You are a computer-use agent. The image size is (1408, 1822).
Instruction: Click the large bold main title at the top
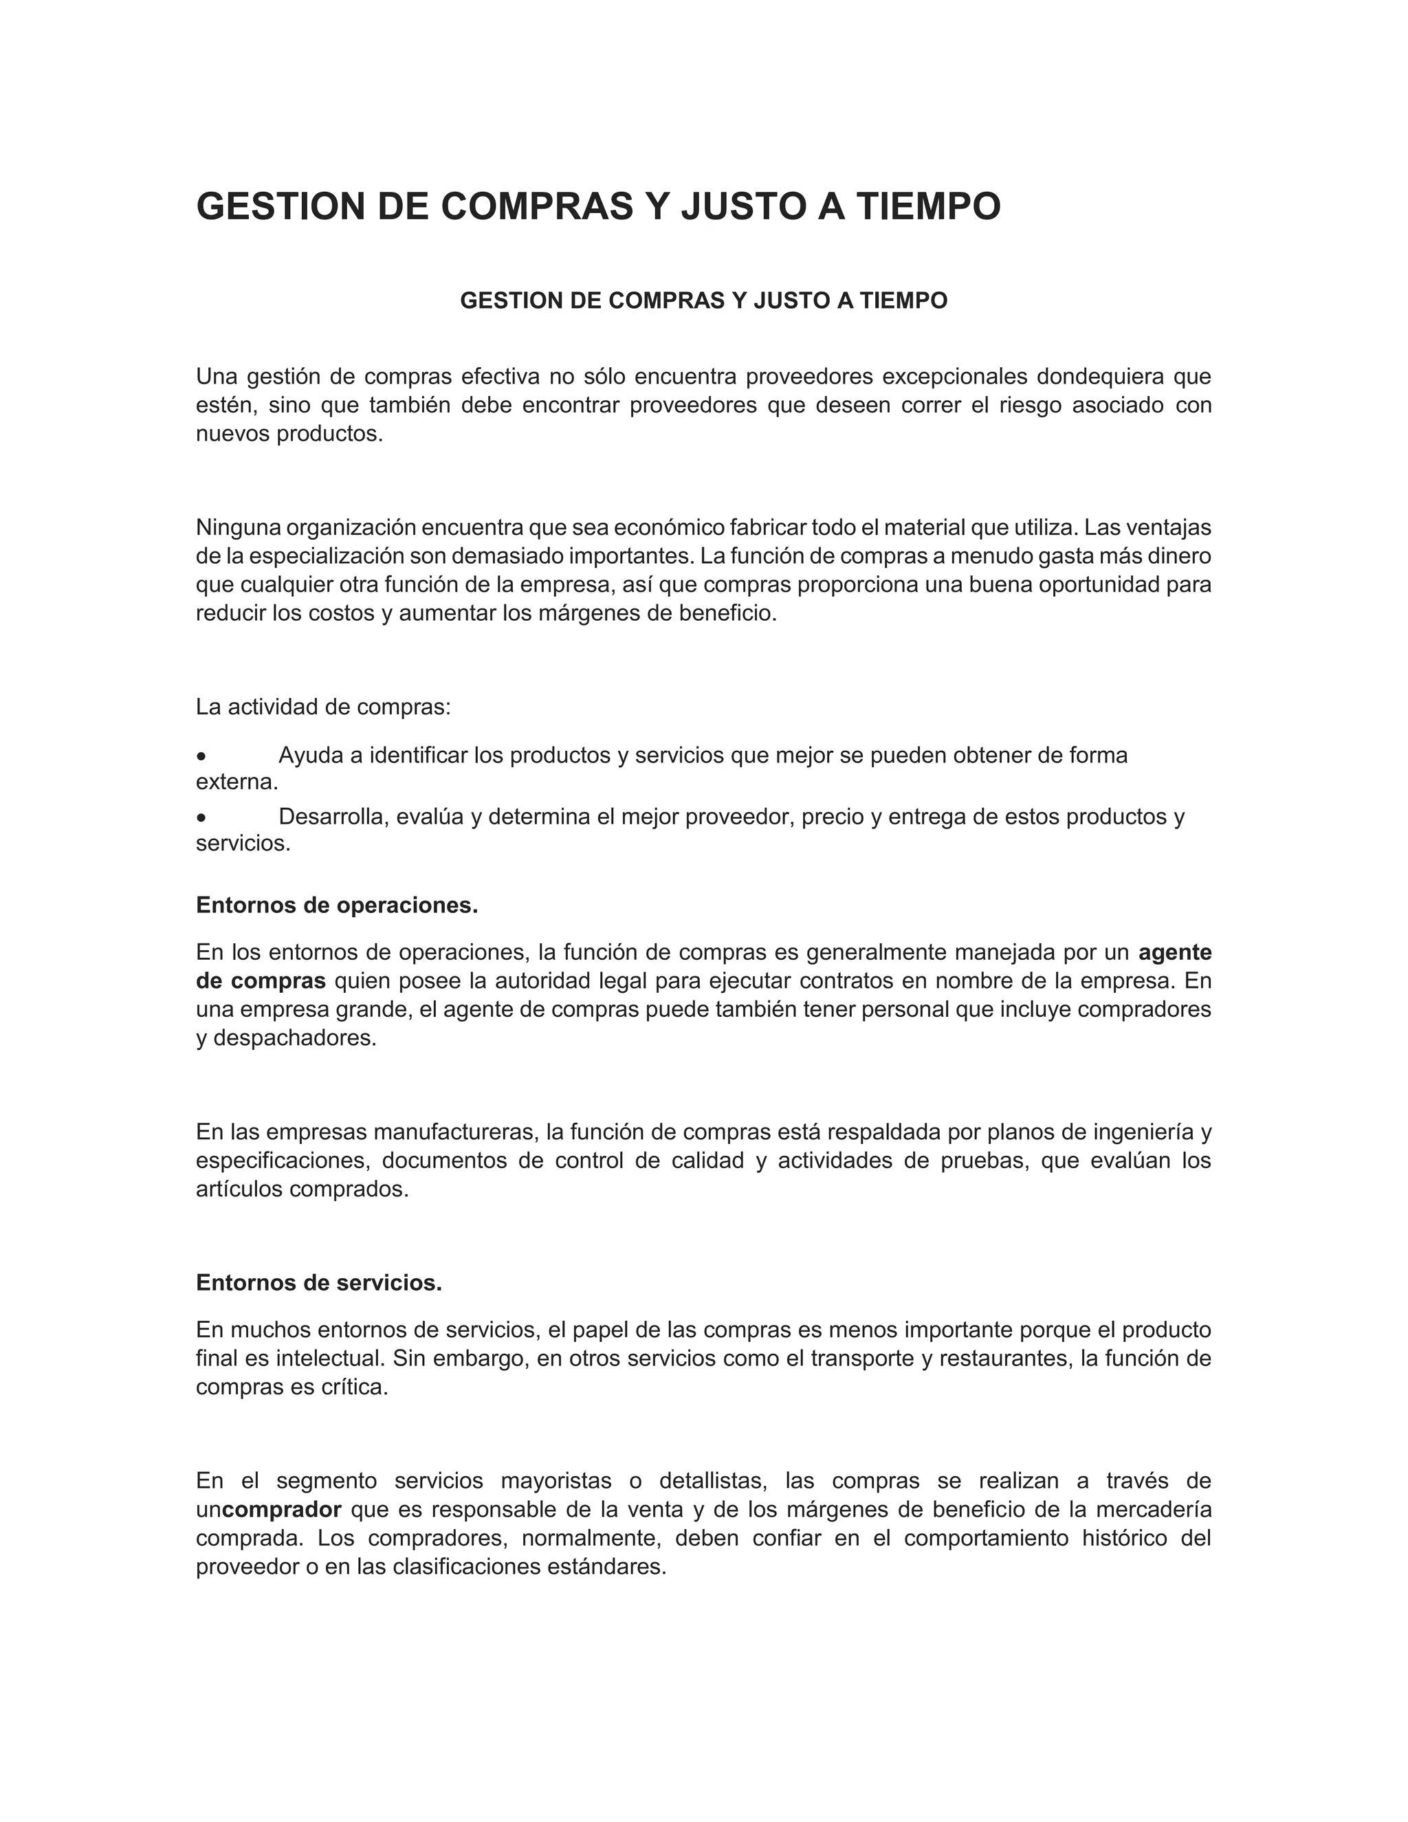tap(598, 206)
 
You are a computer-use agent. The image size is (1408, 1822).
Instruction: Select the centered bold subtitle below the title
tap(703, 300)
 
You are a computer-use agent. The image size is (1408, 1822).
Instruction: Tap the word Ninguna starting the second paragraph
tap(238, 528)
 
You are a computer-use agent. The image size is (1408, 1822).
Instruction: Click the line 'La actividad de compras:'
tap(323, 707)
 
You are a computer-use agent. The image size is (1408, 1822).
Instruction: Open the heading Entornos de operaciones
tap(337, 905)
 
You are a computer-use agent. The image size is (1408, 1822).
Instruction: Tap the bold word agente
tap(1174, 952)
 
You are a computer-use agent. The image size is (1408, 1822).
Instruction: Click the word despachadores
tap(294, 1039)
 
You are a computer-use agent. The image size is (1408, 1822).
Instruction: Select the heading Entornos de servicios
tap(318, 1283)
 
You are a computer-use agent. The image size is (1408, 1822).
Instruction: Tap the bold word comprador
tap(282, 1510)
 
